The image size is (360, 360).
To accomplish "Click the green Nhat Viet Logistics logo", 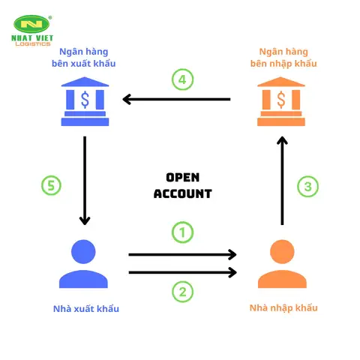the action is [32, 31].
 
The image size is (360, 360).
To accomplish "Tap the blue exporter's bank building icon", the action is [85, 101].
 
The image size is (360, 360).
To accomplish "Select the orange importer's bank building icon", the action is [281, 101].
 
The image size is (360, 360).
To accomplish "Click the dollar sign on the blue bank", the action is [85, 100].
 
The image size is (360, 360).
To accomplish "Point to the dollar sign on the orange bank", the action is [281, 100].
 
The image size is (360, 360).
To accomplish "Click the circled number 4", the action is [182, 79].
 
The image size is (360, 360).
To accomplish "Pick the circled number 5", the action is [51, 185].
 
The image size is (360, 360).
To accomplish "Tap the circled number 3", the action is [307, 187].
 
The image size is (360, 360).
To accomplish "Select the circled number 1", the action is [182, 232].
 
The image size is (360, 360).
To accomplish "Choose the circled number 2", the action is [182, 292].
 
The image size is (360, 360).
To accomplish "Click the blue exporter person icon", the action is [83, 264].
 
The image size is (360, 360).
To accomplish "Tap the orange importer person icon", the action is [282, 264].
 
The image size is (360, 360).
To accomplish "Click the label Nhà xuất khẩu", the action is [86, 309].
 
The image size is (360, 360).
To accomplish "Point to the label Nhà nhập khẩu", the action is [283, 308].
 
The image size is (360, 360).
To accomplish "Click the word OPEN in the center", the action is [183, 178].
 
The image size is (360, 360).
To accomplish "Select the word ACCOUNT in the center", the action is [183, 193].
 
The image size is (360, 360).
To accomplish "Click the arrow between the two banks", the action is [176, 99].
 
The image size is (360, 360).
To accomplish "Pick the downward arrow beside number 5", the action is [85, 181].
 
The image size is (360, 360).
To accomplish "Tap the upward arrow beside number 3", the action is [282, 181].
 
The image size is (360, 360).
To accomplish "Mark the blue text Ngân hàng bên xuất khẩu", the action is [84, 58].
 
